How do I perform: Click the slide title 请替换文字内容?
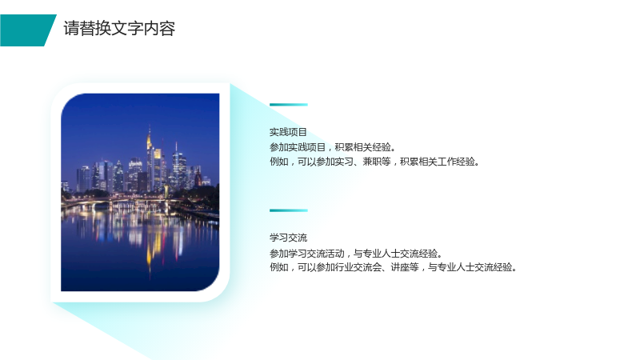[x=119, y=29]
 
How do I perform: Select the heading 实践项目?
[x=288, y=132]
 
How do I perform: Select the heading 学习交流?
[x=288, y=238]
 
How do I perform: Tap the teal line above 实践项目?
[x=289, y=105]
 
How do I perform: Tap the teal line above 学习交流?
[x=289, y=210]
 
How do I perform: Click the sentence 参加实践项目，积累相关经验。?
[x=333, y=147]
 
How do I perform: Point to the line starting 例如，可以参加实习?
[x=374, y=162]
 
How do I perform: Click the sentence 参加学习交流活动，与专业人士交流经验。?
[x=356, y=254]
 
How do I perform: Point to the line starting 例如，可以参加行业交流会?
[x=393, y=267]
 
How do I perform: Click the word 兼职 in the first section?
[x=372, y=162]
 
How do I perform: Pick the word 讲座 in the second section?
[x=400, y=267]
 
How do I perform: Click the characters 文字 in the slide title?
[x=127, y=29]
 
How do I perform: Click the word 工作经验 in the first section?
[x=456, y=162]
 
